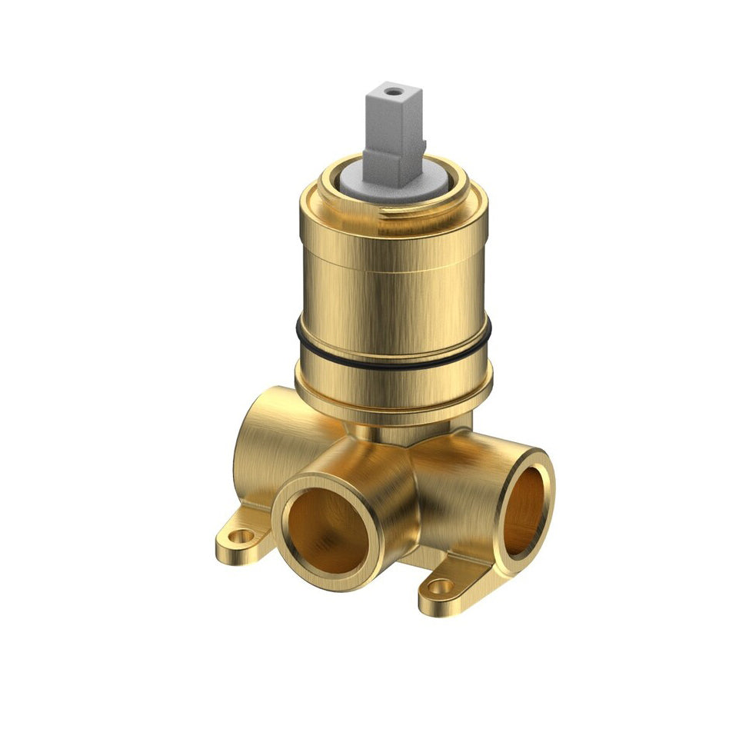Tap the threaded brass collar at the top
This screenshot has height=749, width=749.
[x=392, y=211]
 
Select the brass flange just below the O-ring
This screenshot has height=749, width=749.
[x=392, y=388]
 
